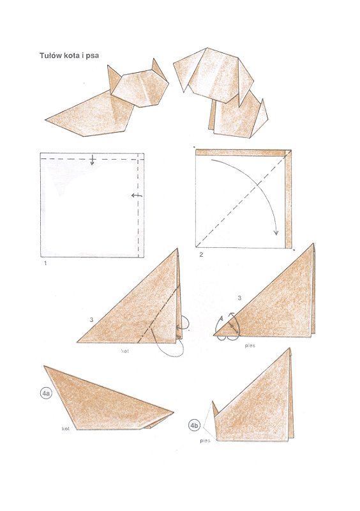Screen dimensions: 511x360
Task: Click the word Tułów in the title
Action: (x=51, y=56)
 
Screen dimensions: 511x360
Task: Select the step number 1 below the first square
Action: (x=43, y=263)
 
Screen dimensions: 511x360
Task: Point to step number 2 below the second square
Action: (x=201, y=255)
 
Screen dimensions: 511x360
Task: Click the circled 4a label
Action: (x=46, y=394)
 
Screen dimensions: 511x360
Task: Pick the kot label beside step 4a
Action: (x=65, y=429)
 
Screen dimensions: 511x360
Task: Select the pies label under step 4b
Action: (x=206, y=441)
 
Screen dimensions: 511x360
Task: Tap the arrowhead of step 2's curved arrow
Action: (x=275, y=233)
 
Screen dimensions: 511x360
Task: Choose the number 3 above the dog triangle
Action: (x=239, y=298)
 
